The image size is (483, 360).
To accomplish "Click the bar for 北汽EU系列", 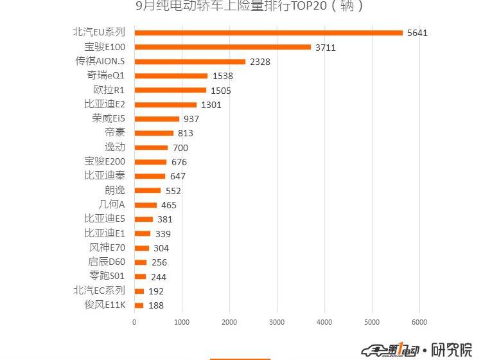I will tap(268, 33).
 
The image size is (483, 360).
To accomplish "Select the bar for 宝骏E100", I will tap(222, 47).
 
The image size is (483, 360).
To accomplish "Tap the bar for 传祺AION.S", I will tap(189, 62).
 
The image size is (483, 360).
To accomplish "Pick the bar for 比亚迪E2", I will tap(165, 105).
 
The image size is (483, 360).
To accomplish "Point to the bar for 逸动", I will tap(151, 148).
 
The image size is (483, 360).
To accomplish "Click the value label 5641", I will tap(417, 33).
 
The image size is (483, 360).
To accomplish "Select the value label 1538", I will tap(222, 76).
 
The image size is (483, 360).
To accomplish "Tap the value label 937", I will tap(191, 119).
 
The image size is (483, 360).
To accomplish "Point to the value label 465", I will tap(169, 205).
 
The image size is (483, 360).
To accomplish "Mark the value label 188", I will tap(156, 305).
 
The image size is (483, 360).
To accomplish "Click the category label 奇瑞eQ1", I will tap(106, 76).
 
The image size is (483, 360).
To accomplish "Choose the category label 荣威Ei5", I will tap(109, 119).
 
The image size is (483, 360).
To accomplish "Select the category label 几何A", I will tap(112, 205).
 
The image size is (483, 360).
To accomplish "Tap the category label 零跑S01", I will tap(108, 276).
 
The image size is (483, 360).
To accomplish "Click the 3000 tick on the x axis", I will tap(277, 322).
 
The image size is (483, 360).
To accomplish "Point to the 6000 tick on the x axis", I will tap(419, 322).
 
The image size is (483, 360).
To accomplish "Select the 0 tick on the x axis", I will tap(134, 322).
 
